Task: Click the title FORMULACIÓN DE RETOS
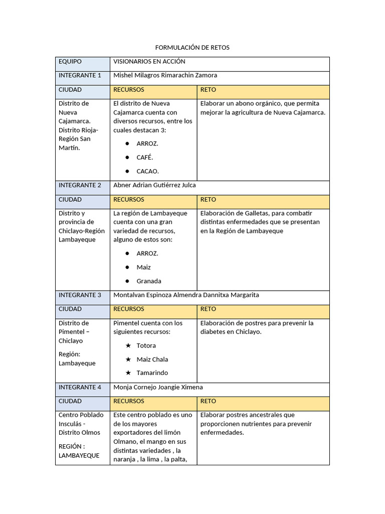coord(192,48)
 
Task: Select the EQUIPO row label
coord(70,62)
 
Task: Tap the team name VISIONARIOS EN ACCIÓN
coord(149,62)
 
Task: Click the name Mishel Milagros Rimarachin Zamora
coord(165,75)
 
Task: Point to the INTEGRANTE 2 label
coord(80,185)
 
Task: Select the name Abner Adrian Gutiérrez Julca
coord(154,185)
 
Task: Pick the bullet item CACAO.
coord(147,171)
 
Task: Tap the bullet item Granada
coord(149,281)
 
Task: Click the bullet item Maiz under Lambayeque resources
coord(143,267)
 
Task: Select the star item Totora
coord(146,345)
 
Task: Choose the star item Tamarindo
coord(152,373)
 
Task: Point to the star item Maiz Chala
coord(152,359)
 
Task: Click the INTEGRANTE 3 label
coord(80,295)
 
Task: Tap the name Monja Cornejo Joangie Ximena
coord(158,388)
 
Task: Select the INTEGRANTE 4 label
coord(80,388)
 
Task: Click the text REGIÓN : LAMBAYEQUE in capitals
coord(79,451)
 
